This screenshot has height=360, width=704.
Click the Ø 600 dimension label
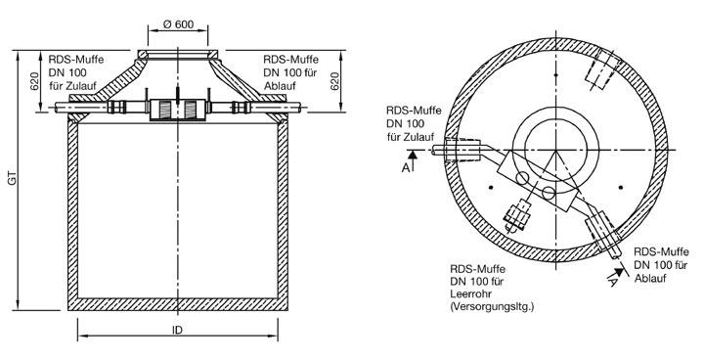pos(178,24)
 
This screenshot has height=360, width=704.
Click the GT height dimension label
pos(13,179)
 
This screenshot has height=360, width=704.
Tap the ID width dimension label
pos(178,330)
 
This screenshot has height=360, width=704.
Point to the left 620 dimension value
pos(35,81)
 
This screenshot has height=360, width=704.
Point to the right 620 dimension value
pos(334,81)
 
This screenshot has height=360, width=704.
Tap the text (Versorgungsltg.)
pos(492,307)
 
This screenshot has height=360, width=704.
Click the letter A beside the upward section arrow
pos(406,167)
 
